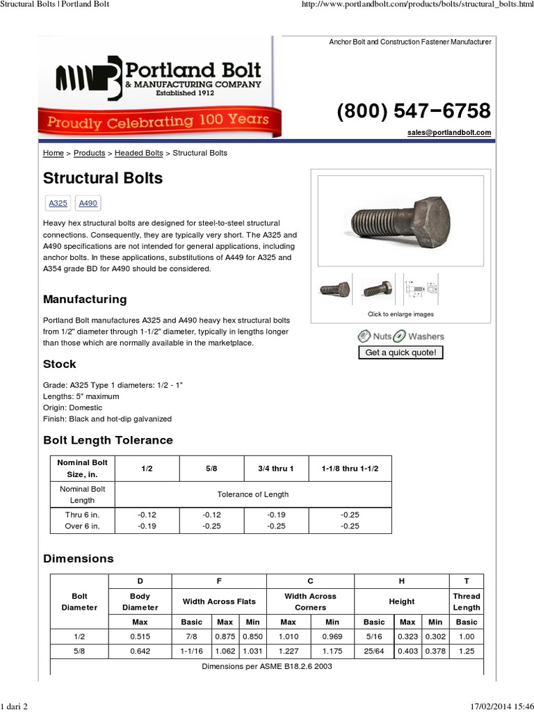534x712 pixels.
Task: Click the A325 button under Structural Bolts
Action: tap(58, 203)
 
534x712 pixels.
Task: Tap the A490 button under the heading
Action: tap(88, 203)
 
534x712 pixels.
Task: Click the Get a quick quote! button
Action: tap(400, 353)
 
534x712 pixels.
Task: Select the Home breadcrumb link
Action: tap(53, 153)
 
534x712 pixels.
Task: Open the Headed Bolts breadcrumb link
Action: tap(138, 153)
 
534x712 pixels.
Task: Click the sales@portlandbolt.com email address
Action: tap(449, 133)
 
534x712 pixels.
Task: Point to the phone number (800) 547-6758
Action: tap(414, 111)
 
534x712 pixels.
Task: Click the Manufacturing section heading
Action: tap(85, 300)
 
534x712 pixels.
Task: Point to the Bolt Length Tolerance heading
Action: tap(108, 440)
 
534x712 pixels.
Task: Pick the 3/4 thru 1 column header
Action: tap(276, 469)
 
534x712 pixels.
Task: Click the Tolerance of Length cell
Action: tap(252, 494)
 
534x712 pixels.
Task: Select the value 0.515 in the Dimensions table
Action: tap(140, 636)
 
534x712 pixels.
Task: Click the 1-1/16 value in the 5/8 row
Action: tap(191, 652)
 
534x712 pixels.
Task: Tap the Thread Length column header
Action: tap(466, 601)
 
